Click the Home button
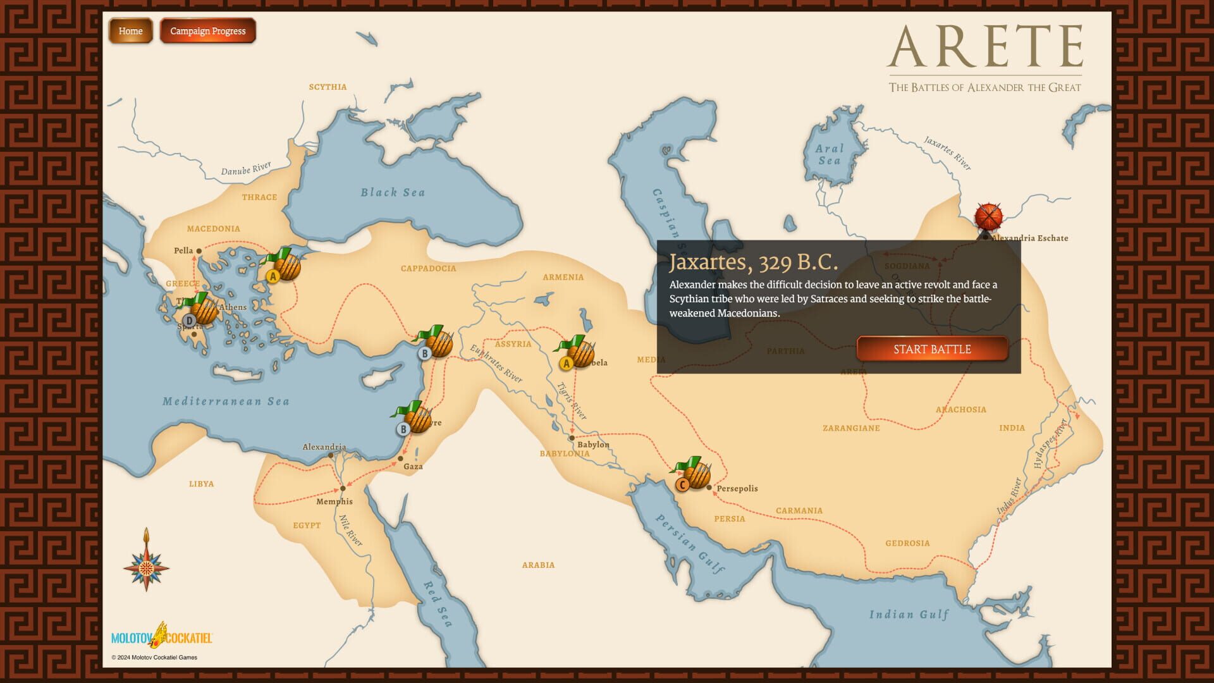(131, 31)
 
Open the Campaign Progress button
(207, 31)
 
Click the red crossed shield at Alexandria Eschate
(988, 217)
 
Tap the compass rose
(146, 565)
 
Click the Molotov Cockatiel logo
(162, 636)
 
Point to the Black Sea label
(393, 192)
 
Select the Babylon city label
(593, 445)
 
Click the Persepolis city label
(737, 488)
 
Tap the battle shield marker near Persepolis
(694, 473)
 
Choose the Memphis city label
(334, 501)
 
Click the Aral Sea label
(829, 154)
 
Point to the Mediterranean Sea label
(226, 401)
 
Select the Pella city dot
(199, 251)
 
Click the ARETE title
(985, 47)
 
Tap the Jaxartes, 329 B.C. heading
(753, 262)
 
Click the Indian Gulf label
(909, 614)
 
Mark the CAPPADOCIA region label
(428, 268)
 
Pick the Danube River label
(246, 169)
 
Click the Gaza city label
(413, 467)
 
